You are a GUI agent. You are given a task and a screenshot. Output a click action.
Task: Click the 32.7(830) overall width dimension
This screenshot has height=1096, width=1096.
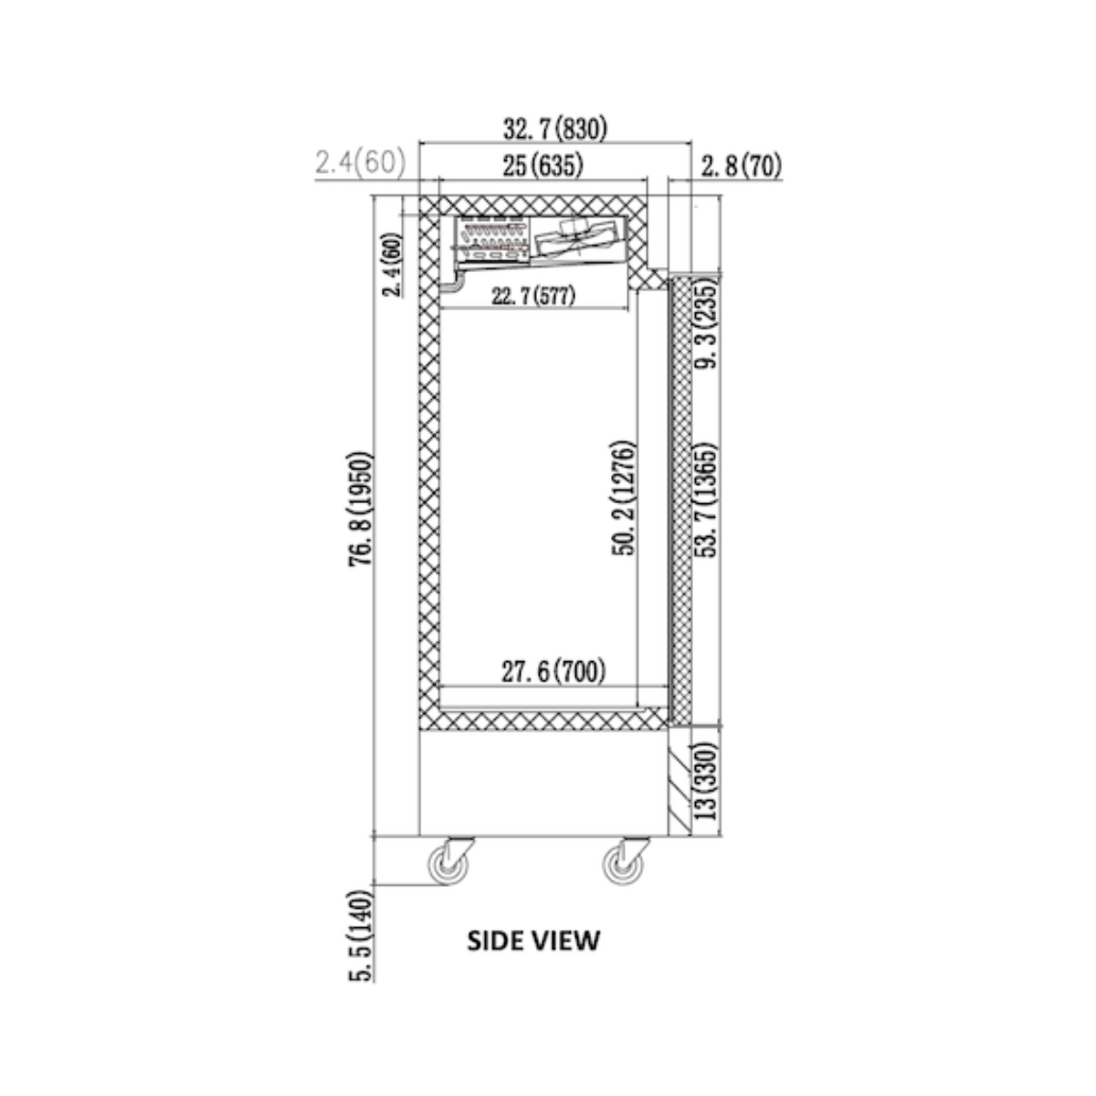pos(555,129)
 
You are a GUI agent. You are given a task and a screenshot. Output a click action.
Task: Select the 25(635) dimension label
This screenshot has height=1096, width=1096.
pos(543,166)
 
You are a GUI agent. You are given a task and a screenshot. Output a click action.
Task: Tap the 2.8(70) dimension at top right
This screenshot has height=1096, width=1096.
pos(741,166)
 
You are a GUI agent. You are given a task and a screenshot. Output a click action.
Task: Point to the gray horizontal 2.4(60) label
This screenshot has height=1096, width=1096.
pos(361,162)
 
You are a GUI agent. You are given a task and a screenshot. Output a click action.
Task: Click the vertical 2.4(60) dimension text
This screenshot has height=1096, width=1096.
pos(393,265)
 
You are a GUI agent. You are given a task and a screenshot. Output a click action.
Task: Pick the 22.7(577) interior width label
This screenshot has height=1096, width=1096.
pos(533,296)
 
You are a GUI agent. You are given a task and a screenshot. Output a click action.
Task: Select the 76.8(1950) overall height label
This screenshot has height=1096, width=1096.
pos(360,509)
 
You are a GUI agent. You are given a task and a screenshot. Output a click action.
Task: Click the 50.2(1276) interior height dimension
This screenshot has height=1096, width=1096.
pos(623,499)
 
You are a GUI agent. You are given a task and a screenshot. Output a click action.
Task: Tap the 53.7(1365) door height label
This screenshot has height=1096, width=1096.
pos(706,501)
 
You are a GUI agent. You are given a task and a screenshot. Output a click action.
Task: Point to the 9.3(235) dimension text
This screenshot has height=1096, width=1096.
pos(706,322)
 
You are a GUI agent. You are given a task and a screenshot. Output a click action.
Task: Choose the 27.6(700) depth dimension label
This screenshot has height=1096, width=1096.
pos(553,671)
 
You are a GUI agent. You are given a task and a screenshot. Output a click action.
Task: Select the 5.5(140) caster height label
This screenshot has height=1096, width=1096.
pos(361,935)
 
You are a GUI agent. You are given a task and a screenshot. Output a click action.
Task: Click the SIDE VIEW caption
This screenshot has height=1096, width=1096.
pos(532,941)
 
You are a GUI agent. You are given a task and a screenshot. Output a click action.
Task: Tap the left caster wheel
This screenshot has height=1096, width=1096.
pos(448,866)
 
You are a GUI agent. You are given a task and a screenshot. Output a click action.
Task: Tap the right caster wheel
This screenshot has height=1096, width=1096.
pos(624,866)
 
